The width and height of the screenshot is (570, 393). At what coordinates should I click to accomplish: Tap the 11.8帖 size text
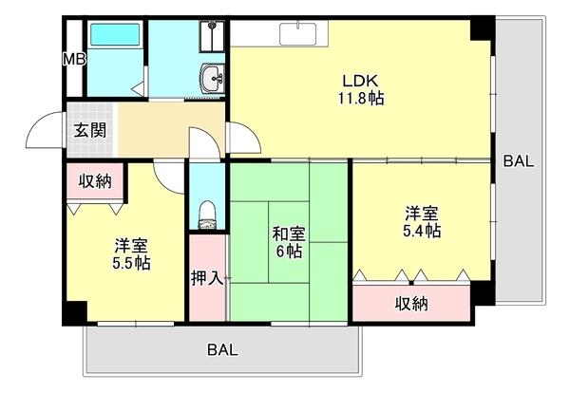360,98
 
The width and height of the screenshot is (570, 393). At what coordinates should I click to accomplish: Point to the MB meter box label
72,59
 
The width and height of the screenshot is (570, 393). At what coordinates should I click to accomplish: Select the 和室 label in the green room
288,234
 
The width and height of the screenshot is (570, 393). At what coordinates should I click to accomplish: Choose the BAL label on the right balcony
519,160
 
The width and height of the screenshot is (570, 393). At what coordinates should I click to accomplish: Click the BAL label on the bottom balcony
221,349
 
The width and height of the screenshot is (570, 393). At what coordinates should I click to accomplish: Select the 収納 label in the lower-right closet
411,304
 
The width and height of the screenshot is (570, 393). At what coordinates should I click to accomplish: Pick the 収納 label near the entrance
92,180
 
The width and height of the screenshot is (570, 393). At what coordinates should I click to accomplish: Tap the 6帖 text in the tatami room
288,252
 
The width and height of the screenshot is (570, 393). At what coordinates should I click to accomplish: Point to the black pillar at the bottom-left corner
75,311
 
